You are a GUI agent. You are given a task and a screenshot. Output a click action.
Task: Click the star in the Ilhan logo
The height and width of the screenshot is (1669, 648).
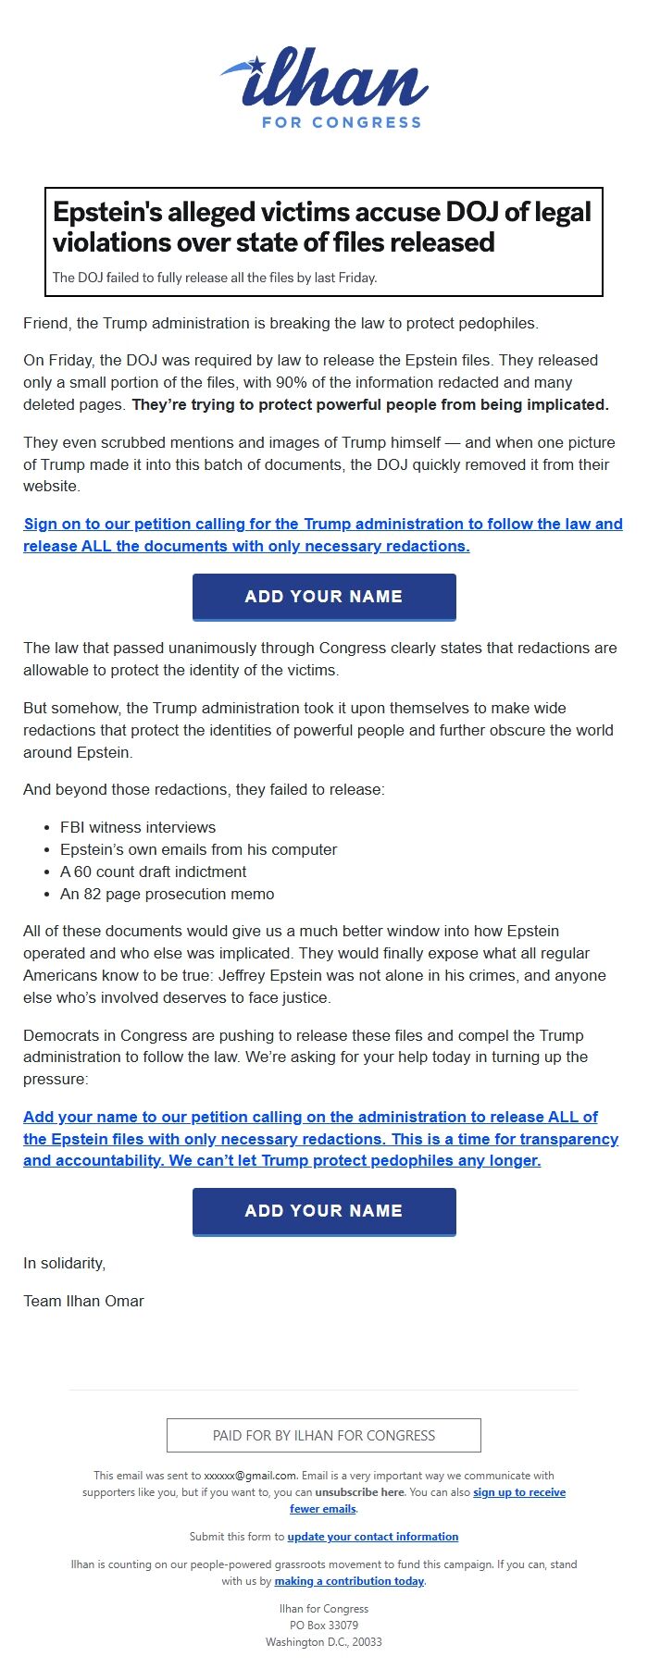[256, 65]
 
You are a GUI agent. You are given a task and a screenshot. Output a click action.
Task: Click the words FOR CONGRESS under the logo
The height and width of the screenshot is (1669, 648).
[342, 122]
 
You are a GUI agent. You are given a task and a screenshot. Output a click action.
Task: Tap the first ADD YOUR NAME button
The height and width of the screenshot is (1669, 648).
[324, 597]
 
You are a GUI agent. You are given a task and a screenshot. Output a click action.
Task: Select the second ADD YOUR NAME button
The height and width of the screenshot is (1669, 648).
[324, 1211]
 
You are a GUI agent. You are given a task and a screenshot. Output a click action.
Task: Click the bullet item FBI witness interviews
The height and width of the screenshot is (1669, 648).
[138, 827]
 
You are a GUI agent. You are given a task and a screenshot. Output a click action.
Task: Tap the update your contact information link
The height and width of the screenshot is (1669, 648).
[372, 1537]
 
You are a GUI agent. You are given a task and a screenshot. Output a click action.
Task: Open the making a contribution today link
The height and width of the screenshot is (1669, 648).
[349, 1581]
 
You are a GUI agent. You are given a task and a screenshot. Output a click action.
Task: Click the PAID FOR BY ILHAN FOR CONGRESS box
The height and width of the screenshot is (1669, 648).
[324, 1436]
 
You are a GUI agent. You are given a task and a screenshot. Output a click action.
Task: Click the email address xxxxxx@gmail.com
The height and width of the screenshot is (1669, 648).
[250, 1476]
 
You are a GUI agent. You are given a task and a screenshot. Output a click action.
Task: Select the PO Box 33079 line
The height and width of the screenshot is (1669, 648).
[324, 1626]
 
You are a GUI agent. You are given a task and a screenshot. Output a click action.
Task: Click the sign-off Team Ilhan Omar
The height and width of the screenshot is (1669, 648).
[83, 1301]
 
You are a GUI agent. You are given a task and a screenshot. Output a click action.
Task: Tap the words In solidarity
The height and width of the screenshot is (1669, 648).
[65, 1263]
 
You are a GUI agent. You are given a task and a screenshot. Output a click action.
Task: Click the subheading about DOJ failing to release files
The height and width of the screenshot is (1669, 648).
[215, 278]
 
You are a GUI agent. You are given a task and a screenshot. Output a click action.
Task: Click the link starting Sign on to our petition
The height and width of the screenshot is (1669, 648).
[323, 535]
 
